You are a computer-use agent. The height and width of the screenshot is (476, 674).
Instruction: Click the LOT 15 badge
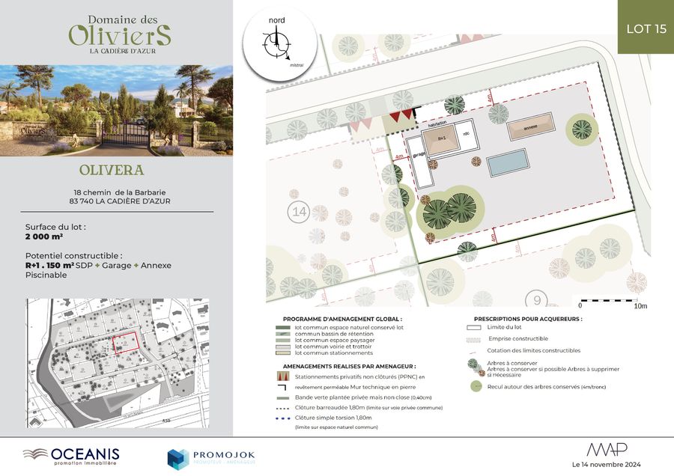(646, 28)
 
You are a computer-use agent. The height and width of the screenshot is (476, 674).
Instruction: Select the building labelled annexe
(531, 129)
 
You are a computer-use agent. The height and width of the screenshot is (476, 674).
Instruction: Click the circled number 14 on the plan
(299, 212)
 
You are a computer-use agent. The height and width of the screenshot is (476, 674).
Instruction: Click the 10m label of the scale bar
(640, 306)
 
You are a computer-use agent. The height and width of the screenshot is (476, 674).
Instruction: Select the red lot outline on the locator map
(126, 342)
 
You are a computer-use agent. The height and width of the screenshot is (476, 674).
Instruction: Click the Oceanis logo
(72, 454)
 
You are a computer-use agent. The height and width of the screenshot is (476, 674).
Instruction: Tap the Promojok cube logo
(177, 458)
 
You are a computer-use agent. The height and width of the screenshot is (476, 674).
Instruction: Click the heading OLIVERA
(116, 171)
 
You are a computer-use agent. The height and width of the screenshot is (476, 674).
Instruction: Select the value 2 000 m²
(44, 235)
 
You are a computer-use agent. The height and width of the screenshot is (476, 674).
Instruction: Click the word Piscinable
(46, 275)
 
